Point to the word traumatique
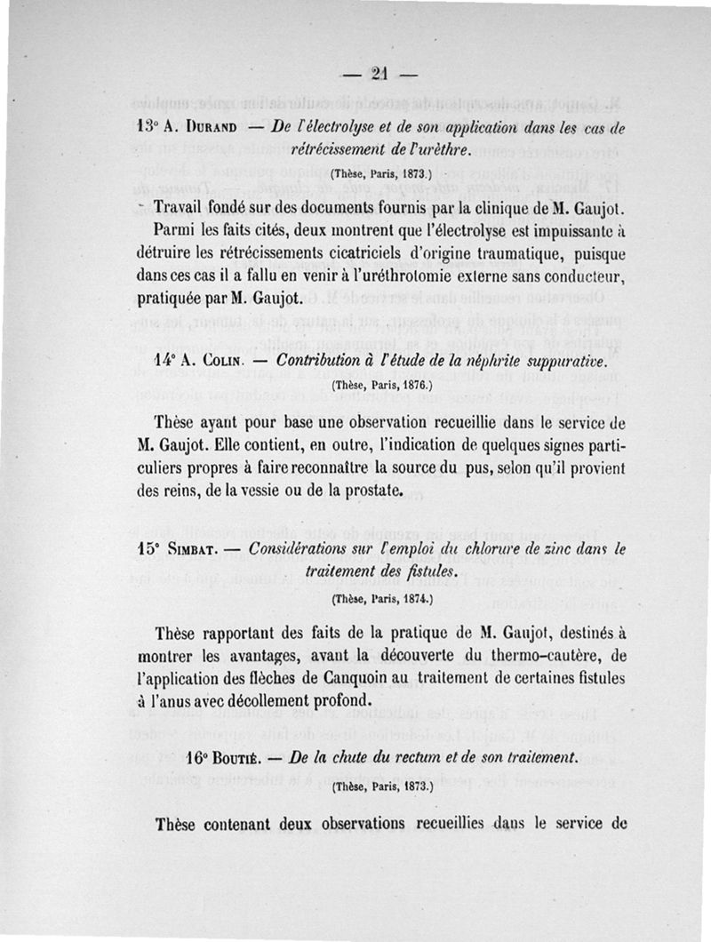coord(469,255)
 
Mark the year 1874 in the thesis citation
coord(414,600)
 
